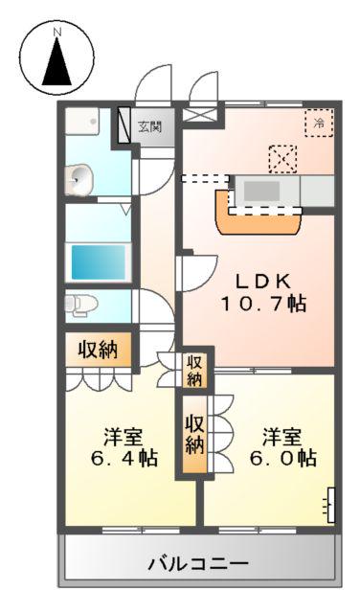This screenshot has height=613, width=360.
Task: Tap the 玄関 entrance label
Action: (x=149, y=125)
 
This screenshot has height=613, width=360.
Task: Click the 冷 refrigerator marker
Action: (x=319, y=122)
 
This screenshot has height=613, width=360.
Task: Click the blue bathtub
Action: (x=101, y=260)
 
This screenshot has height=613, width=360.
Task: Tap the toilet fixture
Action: (x=80, y=304)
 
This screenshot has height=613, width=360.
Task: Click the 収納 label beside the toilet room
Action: (x=99, y=350)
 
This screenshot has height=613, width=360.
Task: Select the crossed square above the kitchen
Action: (x=282, y=156)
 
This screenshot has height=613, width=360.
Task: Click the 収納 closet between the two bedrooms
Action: (x=195, y=434)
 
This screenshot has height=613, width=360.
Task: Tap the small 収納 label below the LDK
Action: (x=194, y=370)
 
